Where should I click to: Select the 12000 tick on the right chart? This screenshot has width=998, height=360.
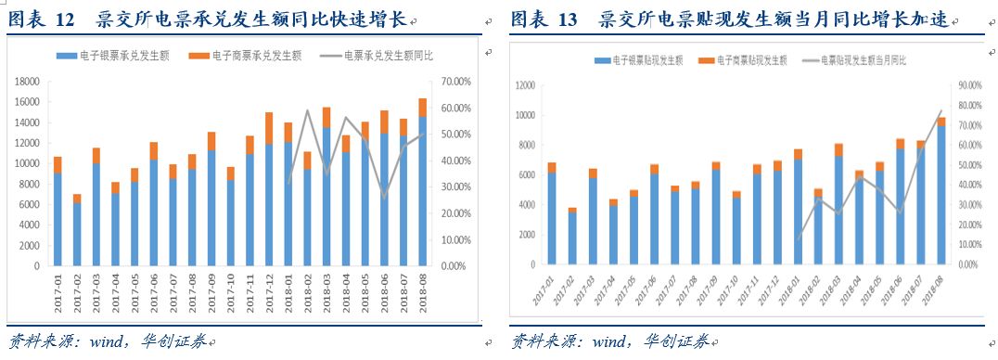[x=524, y=85]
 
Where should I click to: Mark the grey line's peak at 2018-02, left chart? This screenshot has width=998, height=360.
[x=308, y=110]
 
